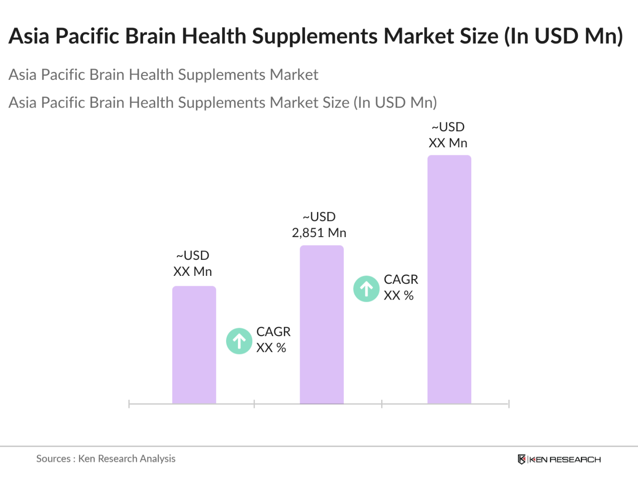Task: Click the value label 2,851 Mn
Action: pos(319,233)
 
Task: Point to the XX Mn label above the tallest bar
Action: pos(448,143)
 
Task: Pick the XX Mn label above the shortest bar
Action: pos(192,271)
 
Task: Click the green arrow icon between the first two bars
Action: pos(239,341)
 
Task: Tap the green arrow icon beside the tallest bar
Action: pos(366,289)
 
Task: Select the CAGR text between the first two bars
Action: pos(273,332)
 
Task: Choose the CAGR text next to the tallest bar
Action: pos(401,279)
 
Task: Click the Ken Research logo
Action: pos(559,459)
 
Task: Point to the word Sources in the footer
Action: pos(53,458)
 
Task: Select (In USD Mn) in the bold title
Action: pos(563,36)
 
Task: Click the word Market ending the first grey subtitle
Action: pos(294,75)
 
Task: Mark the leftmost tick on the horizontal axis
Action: pos(129,404)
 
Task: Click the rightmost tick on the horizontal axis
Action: pos(509,404)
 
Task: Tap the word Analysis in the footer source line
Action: pos(157,458)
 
